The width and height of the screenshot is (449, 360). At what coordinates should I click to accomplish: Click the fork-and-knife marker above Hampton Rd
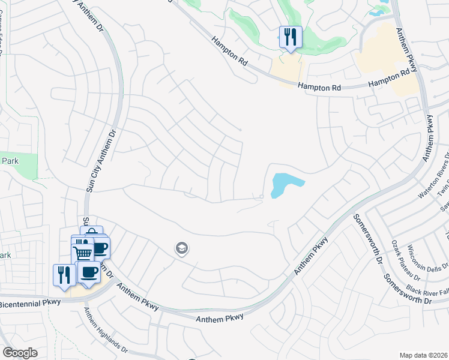click(291, 37)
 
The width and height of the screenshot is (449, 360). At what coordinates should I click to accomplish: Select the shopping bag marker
click(91, 233)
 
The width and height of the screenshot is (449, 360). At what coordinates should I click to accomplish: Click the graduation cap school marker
click(181, 248)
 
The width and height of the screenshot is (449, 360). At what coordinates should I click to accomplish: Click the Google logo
click(20, 353)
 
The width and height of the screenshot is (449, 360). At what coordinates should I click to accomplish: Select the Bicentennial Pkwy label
click(30, 303)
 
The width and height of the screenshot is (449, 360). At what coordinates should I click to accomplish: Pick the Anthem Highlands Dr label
click(105, 329)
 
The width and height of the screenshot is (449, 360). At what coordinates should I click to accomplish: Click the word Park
click(11, 161)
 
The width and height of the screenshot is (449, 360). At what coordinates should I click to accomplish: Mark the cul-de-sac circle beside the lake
click(262, 197)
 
